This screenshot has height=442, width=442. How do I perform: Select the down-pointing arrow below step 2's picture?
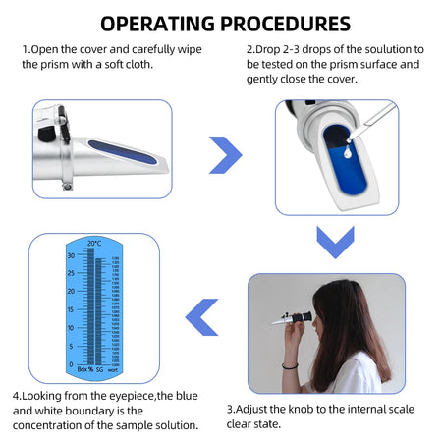(335, 240)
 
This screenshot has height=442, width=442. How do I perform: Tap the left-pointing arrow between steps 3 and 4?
(201, 317)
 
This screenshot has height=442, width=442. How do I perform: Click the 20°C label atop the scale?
(94, 244)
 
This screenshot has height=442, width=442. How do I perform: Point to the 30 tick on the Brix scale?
(71, 255)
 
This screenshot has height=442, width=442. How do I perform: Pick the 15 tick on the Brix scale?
(71, 309)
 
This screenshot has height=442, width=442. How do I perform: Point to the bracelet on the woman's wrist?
(290, 364)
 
